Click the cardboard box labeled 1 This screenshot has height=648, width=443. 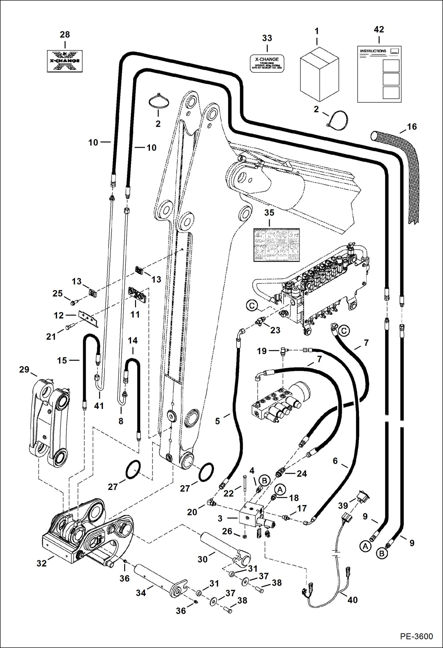point(319,75)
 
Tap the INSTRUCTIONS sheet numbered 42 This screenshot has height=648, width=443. point(379,74)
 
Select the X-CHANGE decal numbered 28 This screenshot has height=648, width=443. point(65,61)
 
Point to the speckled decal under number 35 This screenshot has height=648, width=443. point(277,245)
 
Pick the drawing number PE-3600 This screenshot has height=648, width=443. point(416,636)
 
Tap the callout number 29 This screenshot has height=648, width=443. point(24,369)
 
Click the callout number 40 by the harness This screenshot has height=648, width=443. point(353,600)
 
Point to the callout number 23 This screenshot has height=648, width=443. point(275,330)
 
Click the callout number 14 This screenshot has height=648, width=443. point(132,340)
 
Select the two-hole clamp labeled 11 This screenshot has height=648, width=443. point(138,295)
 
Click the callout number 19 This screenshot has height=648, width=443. point(262,351)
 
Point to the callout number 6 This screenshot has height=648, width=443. point(335,461)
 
